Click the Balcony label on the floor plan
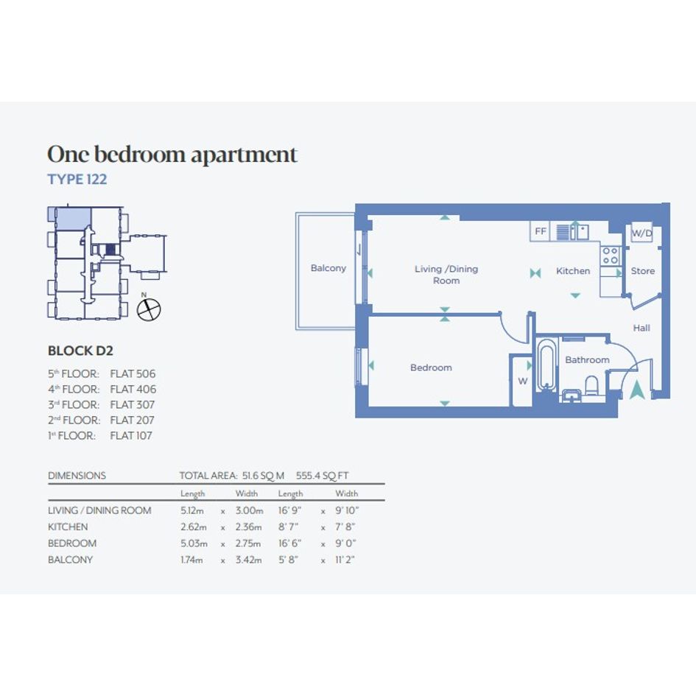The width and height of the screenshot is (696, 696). click(x=328, y=268)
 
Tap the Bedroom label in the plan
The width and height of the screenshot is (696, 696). click(x=431, y=368)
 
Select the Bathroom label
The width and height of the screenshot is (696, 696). click(x=587, y=360)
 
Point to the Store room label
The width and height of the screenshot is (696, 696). click(x=643, y=271)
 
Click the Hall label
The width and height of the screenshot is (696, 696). click(x=641, y=328)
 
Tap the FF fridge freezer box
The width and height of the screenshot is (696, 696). click(x=540, y=231)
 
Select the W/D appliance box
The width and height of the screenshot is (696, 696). click(x=641, y=233)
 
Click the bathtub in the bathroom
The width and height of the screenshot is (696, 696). click(x=546, y=365)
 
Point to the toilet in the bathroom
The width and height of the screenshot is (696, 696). click(x=591, y=386)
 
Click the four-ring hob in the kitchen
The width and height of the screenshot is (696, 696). click(x=610, y=256)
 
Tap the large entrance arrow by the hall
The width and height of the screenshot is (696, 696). click(x=636, y=390)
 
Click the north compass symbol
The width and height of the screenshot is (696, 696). click(x=149, y=309)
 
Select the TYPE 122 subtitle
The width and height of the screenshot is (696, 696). click(x=77, y=179)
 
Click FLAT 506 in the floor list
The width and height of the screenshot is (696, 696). click(x=133, y=373)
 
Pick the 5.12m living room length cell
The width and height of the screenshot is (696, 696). click(x=192, y=510)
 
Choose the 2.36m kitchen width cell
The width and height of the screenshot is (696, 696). click(x=249, y=527)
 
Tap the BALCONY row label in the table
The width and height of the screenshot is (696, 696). click(x=70, y=560)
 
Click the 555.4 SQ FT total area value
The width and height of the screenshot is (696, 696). click(x=323, y=476)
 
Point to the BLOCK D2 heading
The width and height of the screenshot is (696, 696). click(x=80, y=351)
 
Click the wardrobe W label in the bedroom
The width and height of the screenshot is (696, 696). click(x=522, y=381)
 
